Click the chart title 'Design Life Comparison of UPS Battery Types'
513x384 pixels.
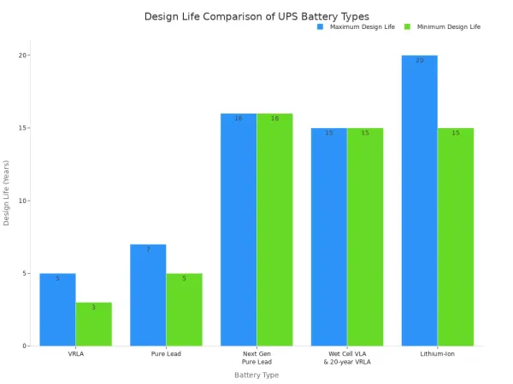pos(256,16)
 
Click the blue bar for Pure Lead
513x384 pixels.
pos(148,295)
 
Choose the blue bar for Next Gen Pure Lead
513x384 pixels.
pos(239,230)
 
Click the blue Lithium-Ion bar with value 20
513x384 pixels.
pos(420,201)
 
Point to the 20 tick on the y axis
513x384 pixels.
pos(25,55)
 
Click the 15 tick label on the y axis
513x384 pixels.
pos(25,128)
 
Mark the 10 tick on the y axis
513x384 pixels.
pos(25,201)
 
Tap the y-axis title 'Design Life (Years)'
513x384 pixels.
pos(7,192)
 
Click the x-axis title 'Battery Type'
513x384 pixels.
pos(256,375)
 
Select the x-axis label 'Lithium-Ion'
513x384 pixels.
pos(438,353)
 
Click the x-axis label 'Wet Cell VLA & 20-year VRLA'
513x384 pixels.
pos(347,358)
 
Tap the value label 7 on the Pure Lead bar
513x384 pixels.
pos(148,249)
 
